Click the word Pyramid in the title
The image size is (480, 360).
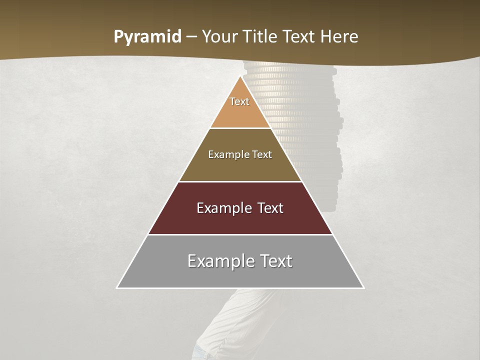coord(147,37)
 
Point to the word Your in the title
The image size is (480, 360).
coord(219,36)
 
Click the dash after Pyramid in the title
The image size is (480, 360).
coord(191,37)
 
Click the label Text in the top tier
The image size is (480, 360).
coord(239,101)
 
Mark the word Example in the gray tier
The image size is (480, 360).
coord(220,261)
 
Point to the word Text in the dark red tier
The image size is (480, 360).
coord(270,208)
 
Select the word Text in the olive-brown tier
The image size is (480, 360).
coord(262,154)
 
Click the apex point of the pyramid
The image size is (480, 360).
coord(240,75)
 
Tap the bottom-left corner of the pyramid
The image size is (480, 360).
coord(117,287)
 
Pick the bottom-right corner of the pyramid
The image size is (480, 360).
coord(363,287)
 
